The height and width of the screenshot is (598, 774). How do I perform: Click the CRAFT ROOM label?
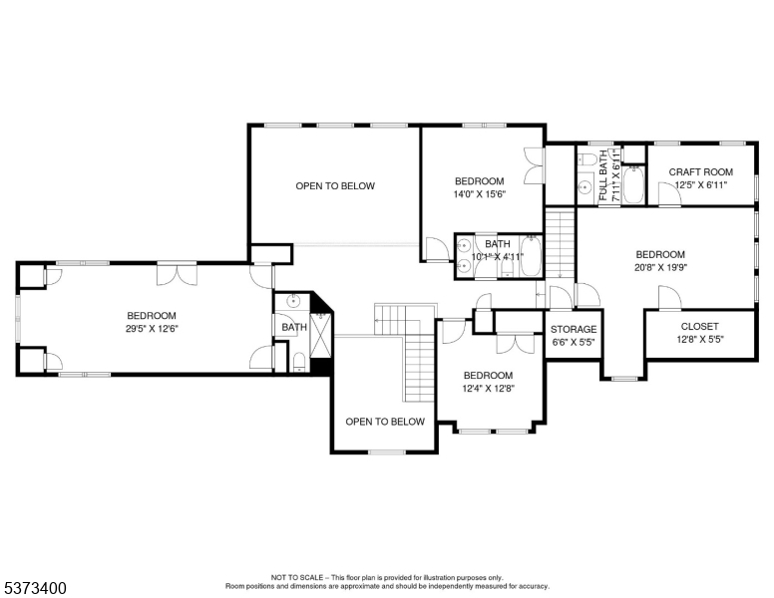click(x=700, y=172)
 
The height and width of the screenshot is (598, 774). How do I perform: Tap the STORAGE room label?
click(x=574, y=329)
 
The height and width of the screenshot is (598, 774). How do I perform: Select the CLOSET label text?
click(x=699, y=327)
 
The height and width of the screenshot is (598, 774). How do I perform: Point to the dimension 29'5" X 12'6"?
click(x=152, y=329)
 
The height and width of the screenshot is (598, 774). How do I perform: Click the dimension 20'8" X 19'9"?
click(x=660, y=267)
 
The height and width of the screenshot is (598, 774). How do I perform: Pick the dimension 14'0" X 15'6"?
click(x=480, y=194)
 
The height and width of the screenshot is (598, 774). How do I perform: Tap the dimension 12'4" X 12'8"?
click(x=488, y=389)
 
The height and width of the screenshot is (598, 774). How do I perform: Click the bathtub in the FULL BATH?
click(x=632, y=184)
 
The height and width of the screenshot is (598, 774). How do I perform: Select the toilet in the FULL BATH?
click(x=587, y=159)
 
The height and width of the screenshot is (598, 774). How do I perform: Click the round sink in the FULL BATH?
click(x=585, y=187)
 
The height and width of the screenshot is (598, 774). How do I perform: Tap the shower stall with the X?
click(x=322, y=336)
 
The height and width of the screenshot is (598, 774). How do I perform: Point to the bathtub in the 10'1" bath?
click(x=532, y=255)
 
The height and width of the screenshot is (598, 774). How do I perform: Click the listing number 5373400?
click(x=35, y=588)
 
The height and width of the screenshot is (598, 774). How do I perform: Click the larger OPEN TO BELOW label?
click(x=335, y=186)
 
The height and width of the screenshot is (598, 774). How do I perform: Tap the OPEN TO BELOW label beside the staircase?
click(x=385, y=422)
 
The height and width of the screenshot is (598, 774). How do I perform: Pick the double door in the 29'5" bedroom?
click(x=177, y=275)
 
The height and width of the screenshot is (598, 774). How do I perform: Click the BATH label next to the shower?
click(x=294, y=327)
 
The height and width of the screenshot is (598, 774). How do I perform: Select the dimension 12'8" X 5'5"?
click(x=700, y=340)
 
